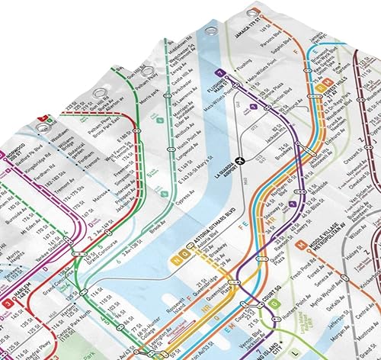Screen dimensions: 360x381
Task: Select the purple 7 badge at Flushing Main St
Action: click(219, 73)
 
